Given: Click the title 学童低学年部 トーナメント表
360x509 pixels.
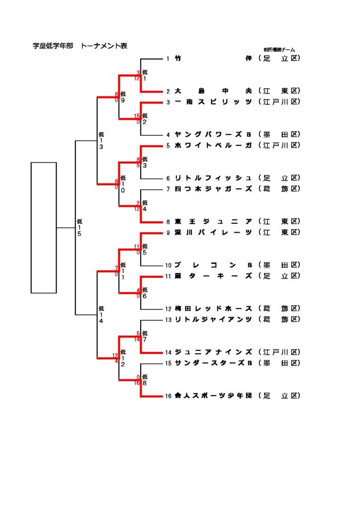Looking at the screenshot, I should pos(80,46).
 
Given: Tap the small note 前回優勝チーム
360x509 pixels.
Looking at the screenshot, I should pos(279,50).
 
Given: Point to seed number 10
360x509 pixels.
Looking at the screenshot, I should pos(169,265).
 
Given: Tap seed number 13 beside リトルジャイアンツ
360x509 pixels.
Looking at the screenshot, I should pos(169,320).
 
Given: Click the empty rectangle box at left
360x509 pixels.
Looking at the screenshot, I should pos(44,227).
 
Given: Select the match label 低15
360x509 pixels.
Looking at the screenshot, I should pos(80,228).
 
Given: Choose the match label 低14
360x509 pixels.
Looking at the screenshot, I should pos(101,315).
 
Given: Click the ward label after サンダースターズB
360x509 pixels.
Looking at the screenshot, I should pos(280,363).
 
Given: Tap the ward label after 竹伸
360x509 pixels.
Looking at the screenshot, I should pos(280,59).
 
